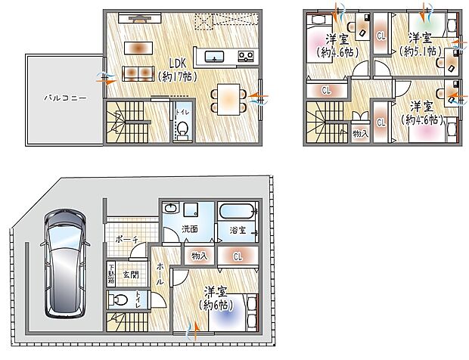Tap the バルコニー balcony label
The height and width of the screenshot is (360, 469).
coord(58,98)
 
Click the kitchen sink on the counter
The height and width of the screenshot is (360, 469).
coord(213,56)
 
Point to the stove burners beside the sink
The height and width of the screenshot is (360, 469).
coord(246,56)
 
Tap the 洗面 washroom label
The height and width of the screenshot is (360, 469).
coord(190,229)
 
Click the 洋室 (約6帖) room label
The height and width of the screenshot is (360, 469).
coord(216,298)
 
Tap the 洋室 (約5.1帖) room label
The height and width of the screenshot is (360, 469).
coord(421,45)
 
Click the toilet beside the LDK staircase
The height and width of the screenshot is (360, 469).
coord(182,131)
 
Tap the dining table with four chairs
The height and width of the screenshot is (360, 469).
coord(228,97)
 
